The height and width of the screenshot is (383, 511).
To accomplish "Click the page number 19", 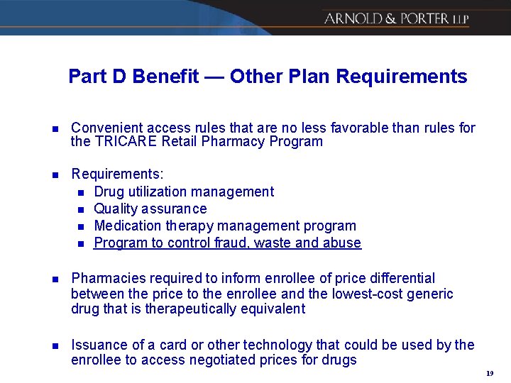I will click(490, 373).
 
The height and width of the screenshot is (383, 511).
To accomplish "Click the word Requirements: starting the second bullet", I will click(117, 174).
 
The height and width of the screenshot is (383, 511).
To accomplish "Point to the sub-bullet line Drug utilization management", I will click(183, 191).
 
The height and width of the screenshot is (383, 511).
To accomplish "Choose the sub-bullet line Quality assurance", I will click(150, 209).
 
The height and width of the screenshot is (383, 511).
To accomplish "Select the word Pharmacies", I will click(104, 278).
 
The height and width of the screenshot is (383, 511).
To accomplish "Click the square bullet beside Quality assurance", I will click(81, 209).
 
